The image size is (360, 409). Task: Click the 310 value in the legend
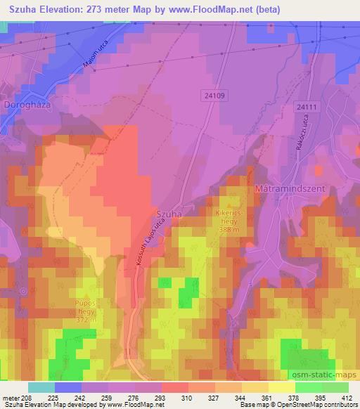(x=187, y=398)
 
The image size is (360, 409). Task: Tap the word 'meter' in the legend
(x=9, y=398)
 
